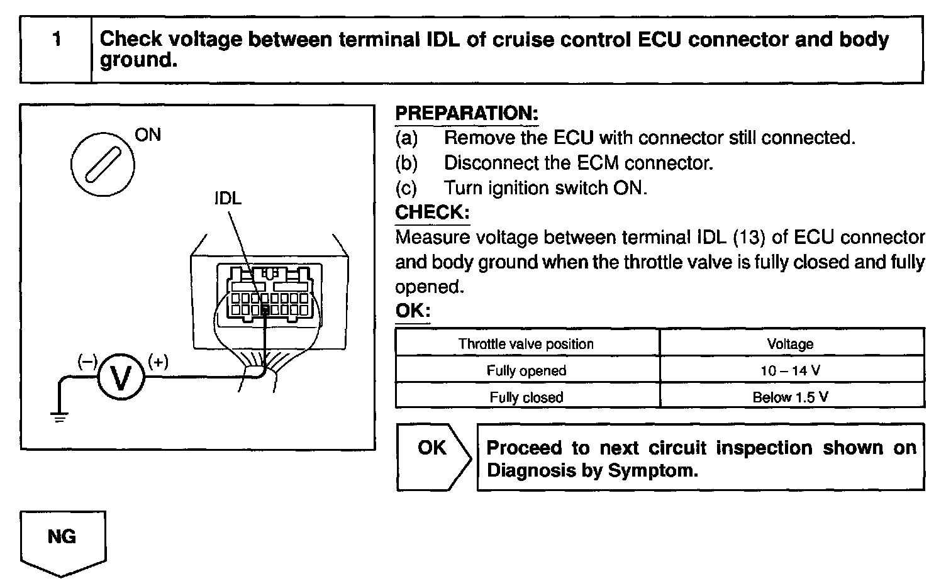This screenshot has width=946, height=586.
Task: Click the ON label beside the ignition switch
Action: (x=148, y=135)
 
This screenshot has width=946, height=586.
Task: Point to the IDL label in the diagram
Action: (x=227, y=199)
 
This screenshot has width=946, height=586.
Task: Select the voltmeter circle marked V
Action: (x=120, y=377)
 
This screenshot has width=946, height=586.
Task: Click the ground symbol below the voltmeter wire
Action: (x=59, y=417)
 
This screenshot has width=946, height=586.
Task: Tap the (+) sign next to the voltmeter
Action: (x=158, y=362)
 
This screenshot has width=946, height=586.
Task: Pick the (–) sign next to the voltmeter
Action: (x=87, y=362)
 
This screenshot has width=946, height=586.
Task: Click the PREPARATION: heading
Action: (x=466, y=114)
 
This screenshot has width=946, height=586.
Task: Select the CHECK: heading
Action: (x=432, y=213)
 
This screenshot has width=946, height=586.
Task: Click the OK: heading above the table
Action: (x=413, y=311)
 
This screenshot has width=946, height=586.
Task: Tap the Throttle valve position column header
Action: (x=526, y=344)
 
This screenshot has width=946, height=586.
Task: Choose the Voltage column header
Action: (x=790, y=344)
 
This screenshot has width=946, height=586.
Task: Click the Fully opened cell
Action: (x=526, y=370)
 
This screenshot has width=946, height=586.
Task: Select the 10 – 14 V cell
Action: (x=790, y=370)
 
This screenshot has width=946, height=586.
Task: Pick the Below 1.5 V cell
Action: (x=790, y=397)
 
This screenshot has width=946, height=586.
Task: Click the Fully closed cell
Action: (x=526, y=397)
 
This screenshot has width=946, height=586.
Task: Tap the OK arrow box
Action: (x=433, y=456)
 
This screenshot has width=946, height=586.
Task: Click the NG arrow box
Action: (x=62, y=541)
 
